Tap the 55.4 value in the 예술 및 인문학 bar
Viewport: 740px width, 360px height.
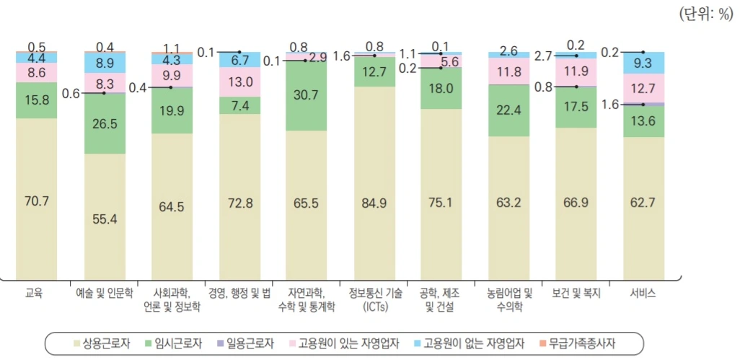[x=105, y=219]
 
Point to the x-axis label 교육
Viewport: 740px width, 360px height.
[x=34, y=294]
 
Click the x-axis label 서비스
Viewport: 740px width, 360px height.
[x=642, y=294]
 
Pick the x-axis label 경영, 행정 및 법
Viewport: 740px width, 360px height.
[x=240, y=294]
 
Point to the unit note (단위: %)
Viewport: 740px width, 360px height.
[x=705, y=15]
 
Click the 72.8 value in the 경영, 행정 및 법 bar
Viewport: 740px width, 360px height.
[x=239, y=203]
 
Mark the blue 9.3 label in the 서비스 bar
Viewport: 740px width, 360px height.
[x=641, y=63]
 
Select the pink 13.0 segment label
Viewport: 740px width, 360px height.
[x=239, y=82]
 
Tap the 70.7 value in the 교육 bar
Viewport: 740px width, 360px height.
[x=37, y=201]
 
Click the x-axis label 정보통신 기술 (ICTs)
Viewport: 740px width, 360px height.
[x=375, y=299]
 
